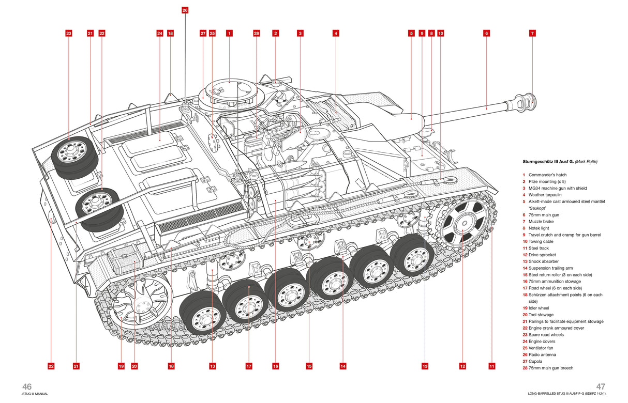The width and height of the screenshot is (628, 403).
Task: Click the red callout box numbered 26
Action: point(185,10)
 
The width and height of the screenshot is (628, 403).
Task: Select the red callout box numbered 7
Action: point(532,33)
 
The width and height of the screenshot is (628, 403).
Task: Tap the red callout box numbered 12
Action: point(462,366)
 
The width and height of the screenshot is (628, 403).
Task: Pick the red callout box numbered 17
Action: point(249,366)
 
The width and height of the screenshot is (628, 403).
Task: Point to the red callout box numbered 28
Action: point(256,33)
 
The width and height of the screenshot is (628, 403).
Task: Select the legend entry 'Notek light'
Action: point(539,228)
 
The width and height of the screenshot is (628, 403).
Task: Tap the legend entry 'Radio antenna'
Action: point(543,355)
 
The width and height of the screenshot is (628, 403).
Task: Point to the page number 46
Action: point(27,386)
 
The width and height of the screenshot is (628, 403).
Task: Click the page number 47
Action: point(600,386)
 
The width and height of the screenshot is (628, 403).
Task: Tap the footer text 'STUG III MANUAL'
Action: point(35,394)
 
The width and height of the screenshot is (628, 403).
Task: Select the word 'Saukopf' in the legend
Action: point(537,208)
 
